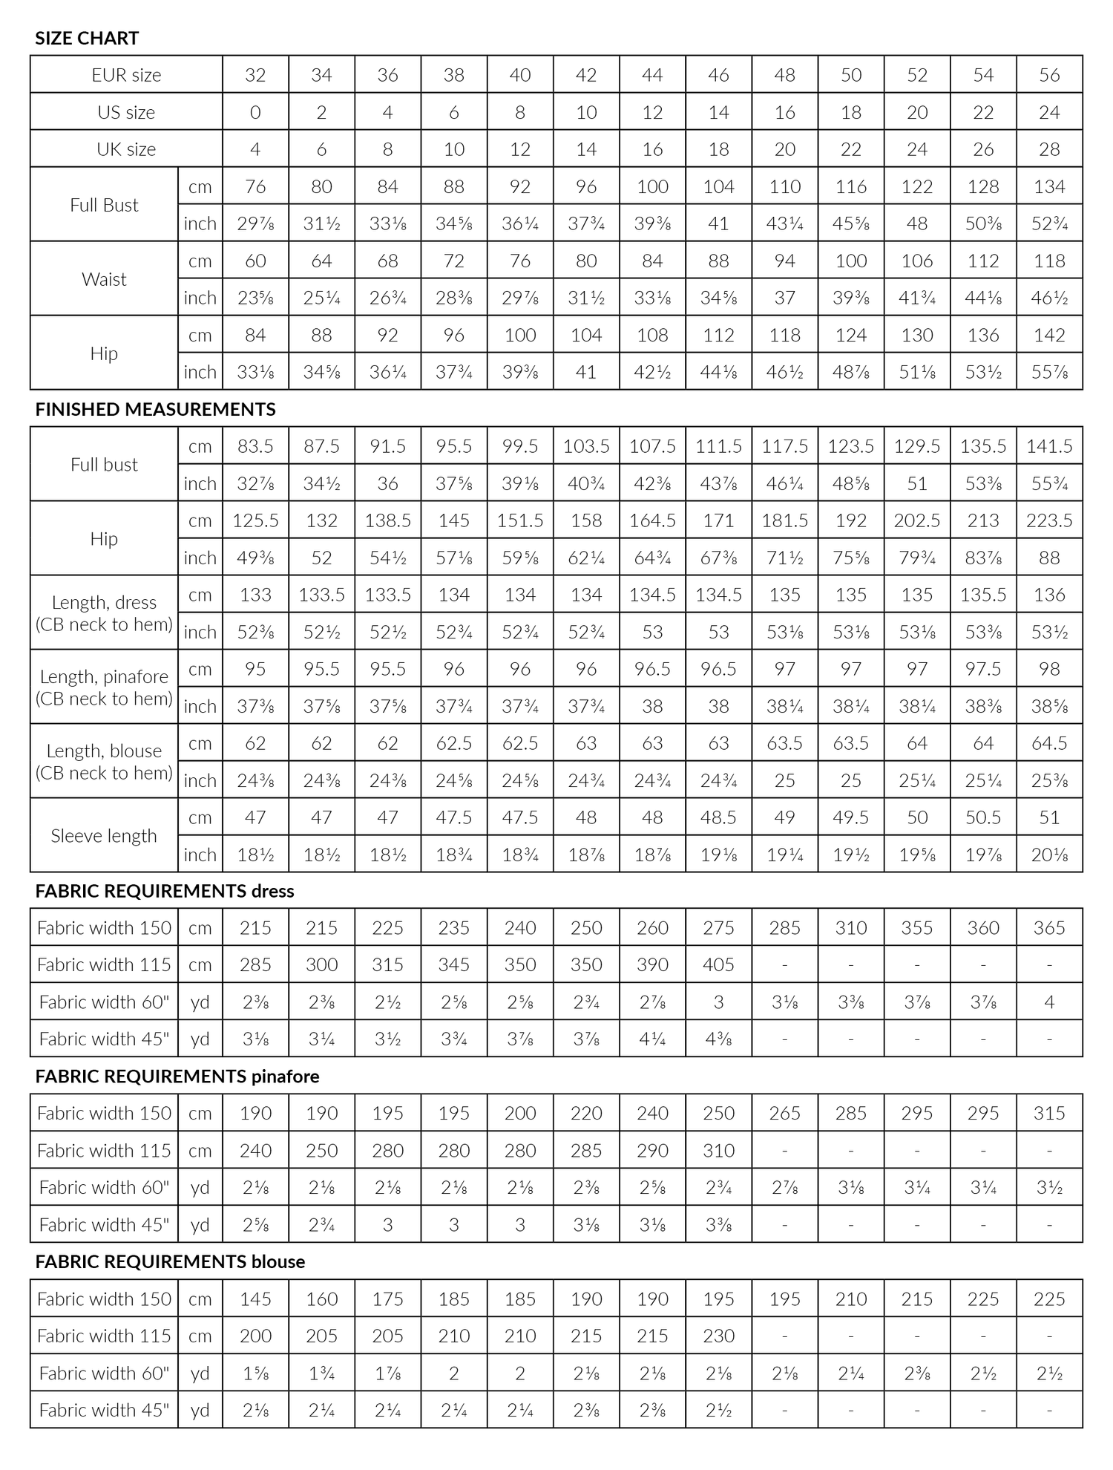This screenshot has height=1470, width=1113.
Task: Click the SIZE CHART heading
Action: [87, 38]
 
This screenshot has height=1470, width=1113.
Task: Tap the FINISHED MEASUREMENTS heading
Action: [155, 409]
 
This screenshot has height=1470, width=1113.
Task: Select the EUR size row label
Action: [126, 75]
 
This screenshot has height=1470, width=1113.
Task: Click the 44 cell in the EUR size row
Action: [652, 75]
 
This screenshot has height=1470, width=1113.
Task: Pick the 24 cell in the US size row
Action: [1049, 112]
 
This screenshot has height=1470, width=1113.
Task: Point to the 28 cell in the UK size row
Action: [1049, 149]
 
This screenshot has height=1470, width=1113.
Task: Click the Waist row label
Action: [104, 279]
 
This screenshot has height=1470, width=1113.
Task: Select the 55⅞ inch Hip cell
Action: [1049, 372]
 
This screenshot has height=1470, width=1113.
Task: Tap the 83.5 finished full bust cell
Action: [255, 446]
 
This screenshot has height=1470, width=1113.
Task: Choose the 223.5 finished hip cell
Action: [1049, 520]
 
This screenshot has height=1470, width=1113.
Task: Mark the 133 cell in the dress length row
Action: [255, 595]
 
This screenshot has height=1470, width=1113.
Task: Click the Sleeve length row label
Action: [104, 836]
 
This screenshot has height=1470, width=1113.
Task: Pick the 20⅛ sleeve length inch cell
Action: [1049, 855]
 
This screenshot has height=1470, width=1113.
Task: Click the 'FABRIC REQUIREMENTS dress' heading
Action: [164, 891]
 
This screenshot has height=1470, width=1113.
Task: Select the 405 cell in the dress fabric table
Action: [718, 964]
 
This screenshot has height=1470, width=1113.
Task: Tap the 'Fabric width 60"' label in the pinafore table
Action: [104, 1187]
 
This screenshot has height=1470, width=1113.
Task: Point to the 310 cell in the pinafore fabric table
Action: [718, 1150]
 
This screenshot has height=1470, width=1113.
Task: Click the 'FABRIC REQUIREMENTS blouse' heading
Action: [170, 1262]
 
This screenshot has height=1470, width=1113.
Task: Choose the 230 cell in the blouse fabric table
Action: [718, 1336]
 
